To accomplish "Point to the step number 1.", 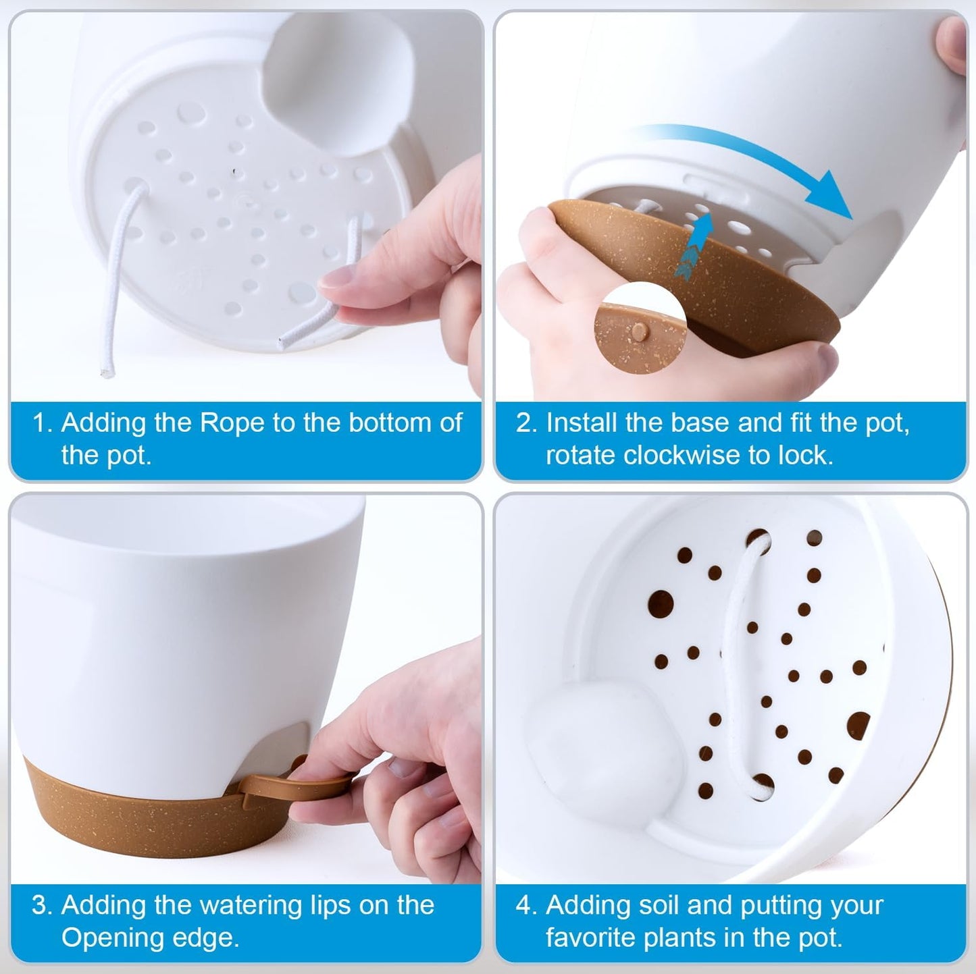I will coord(41,423).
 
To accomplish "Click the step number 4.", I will coord(525,905).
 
